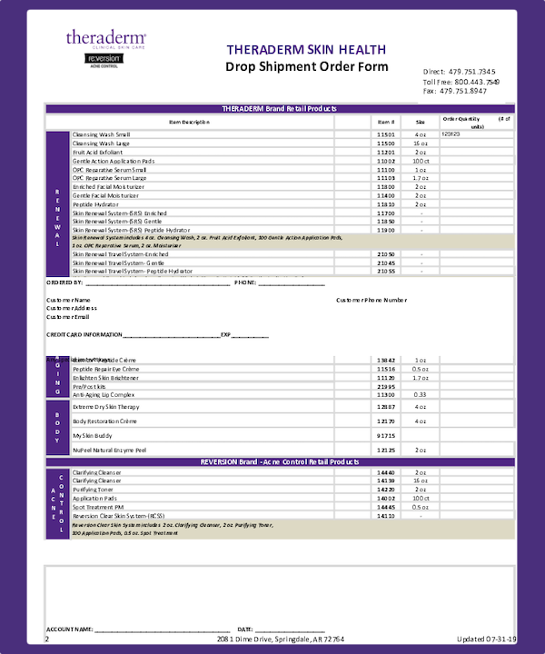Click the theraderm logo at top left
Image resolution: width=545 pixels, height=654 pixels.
tap(105, 38)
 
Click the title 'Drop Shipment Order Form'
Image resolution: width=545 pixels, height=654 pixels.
tap(306, 67)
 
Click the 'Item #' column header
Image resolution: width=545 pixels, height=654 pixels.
tap(386, 121)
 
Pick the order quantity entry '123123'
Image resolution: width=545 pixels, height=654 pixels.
tap(451, 134)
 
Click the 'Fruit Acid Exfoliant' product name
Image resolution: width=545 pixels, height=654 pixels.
tap(97, 152)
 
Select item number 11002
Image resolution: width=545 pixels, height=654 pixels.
tap(386, 161)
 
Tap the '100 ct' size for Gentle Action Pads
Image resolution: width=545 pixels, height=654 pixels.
tap(421, 161)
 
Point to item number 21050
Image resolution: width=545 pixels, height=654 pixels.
tap(386, 254)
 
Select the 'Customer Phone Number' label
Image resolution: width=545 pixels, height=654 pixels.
tap(372, 300)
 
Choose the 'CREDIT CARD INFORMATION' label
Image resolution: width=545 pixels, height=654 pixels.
tap(90, 335)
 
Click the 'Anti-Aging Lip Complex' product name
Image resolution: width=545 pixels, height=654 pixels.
tap(104, 395)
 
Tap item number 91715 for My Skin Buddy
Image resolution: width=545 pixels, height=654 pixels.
tap(386, 436)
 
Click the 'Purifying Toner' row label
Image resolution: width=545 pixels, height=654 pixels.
tap(92, 490)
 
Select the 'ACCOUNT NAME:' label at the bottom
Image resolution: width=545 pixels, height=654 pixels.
tap(69, 629)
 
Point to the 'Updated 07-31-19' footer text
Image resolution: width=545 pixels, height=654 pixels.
tap(487, 639)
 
